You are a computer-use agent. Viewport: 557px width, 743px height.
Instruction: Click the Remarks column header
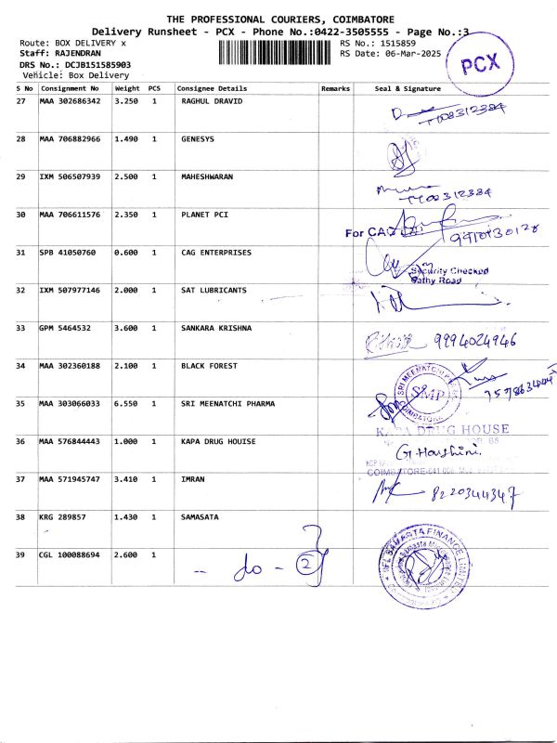pos(334,88)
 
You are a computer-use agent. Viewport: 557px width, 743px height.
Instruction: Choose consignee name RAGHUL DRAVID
pos(212,101)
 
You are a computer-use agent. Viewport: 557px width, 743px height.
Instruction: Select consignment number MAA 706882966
pos(70,139)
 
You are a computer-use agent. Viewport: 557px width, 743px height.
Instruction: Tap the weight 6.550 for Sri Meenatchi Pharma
pos(126,404)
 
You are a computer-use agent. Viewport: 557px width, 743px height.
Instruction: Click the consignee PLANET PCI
pos(204,215)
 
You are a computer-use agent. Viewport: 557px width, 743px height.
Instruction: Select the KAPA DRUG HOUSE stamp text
pos(445,429)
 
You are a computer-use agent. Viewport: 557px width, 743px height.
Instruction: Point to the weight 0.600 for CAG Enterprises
pos(126,253)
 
